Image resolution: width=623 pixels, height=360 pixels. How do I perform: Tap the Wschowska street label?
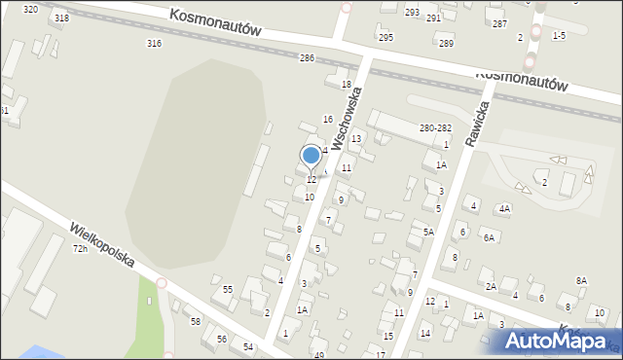click(x=347, y=119)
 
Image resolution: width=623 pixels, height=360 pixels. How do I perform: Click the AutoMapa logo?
click(x=554, y=340)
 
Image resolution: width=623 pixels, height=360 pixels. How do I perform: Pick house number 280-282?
click(x=434, y=128)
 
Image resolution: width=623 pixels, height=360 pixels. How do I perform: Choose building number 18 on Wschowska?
click(x=346, y=85)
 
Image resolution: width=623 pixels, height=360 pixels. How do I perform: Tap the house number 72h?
click(x=80, y=249)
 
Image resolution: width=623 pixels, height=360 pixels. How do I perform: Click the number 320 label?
click(x=30, y=9)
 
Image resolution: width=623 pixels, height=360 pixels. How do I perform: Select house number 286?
click(x=307, y=58)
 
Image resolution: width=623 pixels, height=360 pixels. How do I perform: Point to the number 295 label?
click(x=385, y=38)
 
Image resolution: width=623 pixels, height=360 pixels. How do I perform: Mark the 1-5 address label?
click(x=559, y=35)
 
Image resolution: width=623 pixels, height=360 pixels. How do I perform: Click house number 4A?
click(x=503, y=209)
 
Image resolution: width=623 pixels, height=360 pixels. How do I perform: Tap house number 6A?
click(x=490, y=238)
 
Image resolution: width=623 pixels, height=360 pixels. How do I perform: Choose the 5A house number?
click(x=428, y=232)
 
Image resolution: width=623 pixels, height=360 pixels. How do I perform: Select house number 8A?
click(x=581, y=280)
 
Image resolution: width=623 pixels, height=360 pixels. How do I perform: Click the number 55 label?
click(x=228, y=290)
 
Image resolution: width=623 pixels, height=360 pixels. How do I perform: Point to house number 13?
click(x=356, y=139)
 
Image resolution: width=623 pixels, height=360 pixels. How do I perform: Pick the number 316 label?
click(x=153, y=44)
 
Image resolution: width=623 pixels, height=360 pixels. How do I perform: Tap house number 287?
click(x=499, y=23)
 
